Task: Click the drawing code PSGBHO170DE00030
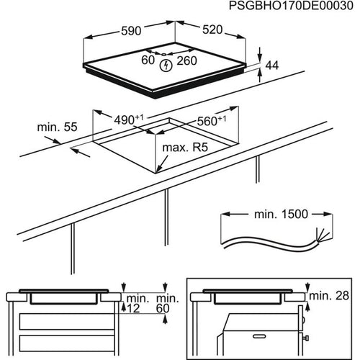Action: tap(287, 7)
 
